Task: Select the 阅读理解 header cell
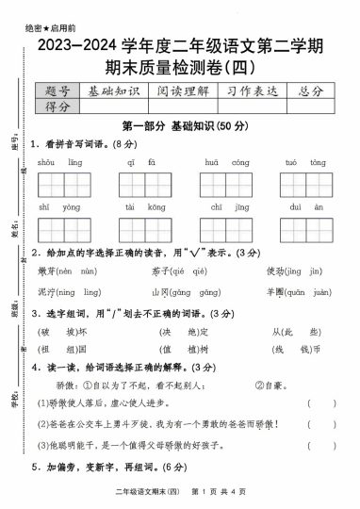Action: (x=184, y=90)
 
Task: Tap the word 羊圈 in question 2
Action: (x=273, y=291)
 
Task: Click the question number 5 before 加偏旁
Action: (x=35, y=466)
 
